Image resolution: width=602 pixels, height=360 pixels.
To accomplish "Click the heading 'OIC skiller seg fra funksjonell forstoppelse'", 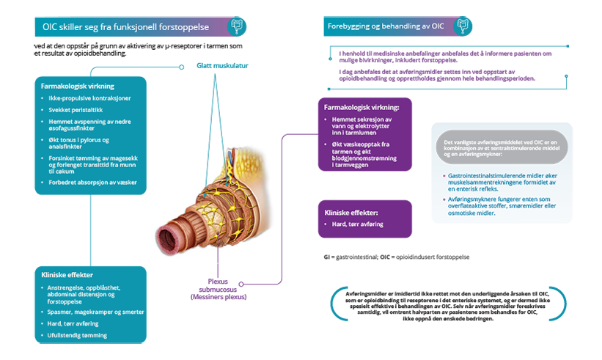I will click(x=126, y=26).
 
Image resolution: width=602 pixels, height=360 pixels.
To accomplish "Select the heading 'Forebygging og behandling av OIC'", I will click(x=386, y=26).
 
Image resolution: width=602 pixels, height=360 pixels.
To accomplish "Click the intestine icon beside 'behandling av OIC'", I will click(x=462, y=26).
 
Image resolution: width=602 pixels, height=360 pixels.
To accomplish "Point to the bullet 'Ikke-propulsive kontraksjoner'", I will click(x=92, y=98).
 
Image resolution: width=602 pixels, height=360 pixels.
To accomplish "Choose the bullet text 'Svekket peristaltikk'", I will click(x=76, y=109).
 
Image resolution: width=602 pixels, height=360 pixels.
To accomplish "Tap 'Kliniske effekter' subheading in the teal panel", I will click(x=67, y=274).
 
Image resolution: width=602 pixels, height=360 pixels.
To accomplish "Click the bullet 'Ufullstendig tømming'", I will click(x=78, y=335).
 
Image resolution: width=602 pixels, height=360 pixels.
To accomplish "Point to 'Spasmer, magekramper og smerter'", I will click(x=96, y=312).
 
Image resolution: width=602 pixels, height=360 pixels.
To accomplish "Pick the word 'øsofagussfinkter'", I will click(x=79, y=128).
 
